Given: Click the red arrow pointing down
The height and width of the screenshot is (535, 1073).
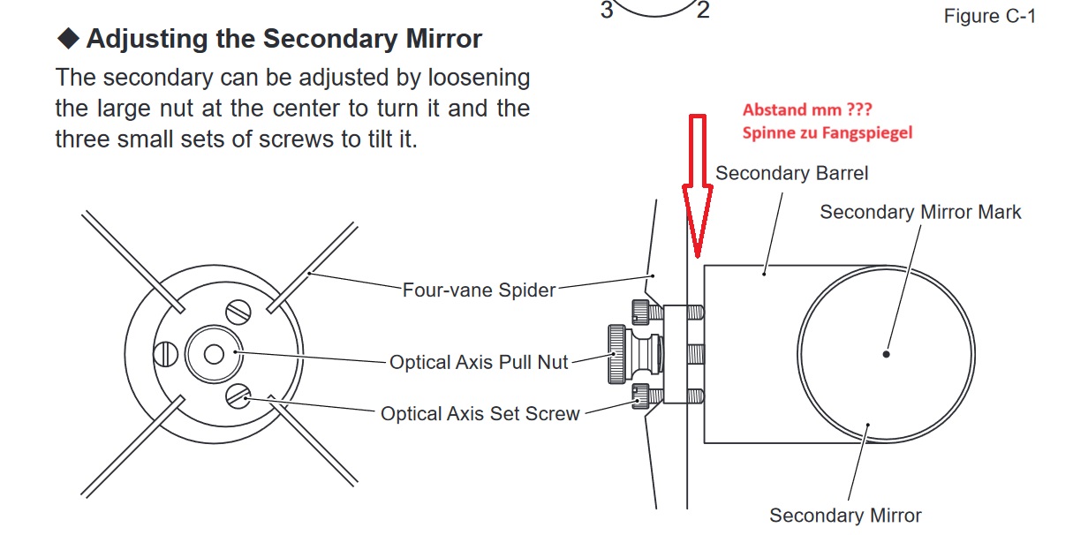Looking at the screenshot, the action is coord(698,187).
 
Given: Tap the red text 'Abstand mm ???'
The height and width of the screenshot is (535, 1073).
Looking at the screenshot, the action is coord(807,109).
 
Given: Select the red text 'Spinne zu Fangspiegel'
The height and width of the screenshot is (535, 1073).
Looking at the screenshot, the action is coord(827,132).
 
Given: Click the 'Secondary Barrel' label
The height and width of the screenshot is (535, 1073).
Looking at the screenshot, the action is coord(791,173).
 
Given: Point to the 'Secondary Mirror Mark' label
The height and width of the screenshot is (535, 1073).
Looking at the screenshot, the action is coord(920,212).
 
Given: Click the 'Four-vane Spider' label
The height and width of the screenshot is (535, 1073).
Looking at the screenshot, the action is coord(479,290).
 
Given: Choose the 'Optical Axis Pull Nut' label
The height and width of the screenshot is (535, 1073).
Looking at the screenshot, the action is coord(479,362).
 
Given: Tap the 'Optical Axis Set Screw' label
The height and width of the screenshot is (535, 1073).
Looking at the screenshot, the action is coord(480,413).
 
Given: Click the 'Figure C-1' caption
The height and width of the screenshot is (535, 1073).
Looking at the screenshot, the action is coord(990,16).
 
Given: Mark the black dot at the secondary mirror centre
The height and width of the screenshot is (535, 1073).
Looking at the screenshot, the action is coord(886,354).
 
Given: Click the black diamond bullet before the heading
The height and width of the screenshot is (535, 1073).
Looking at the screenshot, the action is coord(68,38).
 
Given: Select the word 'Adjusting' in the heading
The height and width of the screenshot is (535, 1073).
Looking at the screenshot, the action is coord(147,39).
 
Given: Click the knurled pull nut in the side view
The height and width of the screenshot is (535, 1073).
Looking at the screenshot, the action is coord(617,354).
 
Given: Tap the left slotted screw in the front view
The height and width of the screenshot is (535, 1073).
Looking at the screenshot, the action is coord(166,354).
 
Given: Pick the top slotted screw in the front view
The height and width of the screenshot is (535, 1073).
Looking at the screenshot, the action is coord(238,313).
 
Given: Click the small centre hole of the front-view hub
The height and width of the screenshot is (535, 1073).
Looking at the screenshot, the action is coord(214,354).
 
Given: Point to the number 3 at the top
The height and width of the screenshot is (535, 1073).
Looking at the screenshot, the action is coord(607,10).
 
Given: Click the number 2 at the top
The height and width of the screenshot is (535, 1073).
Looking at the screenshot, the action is coord(703,10).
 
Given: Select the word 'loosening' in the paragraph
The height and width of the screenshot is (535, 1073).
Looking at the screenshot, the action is coord(479,78).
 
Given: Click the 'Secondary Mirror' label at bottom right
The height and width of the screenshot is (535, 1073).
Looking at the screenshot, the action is coord(845,516).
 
